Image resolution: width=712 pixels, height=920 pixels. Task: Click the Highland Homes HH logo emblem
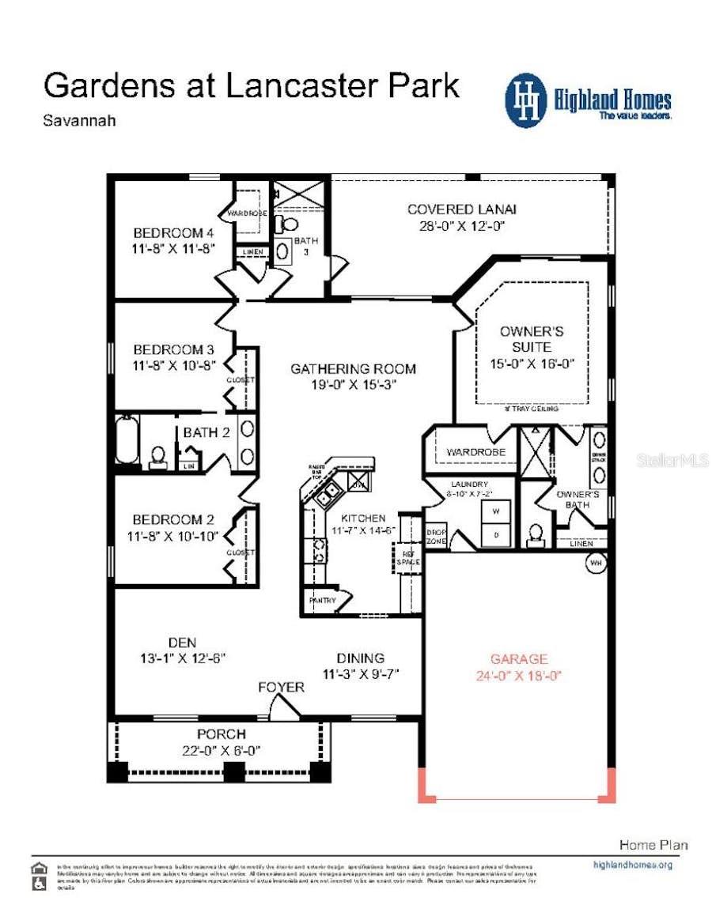click(x=526, y=100)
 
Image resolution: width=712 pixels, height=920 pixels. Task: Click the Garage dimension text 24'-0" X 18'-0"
click(x=519, y=676)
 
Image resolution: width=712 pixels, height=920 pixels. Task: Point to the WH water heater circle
click(x=596, y=564)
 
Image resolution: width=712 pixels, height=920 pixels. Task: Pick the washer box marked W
click(x=496, y=511)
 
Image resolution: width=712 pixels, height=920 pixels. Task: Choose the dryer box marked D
click(x=496, y=534)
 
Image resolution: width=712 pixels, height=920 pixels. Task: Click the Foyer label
click(x=281, y=688)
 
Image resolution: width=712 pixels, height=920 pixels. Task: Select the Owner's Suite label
click(x=532, y=339)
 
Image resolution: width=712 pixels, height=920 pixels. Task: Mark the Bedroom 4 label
click(x=173, y=233)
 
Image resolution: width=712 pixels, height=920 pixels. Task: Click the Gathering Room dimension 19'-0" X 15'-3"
click(x=352, y=385)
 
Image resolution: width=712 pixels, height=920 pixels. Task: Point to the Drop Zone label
click(x=437, y=537)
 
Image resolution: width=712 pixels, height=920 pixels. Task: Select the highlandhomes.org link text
click(x=632, y=865)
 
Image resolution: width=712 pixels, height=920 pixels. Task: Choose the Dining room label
click(x=360, y=658)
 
